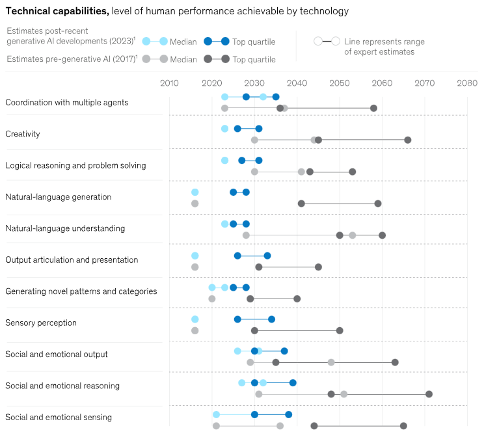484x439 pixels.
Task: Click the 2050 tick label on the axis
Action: (x=340, y=83)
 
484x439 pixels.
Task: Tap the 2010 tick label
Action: (x=169, y=83)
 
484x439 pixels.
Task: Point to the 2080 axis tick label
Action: (x=467, y=83)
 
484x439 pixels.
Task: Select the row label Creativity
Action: (x=23, y=134)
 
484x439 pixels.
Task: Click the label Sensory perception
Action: (x=41, y=323)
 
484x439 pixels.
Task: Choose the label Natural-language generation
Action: (x=59, y=197)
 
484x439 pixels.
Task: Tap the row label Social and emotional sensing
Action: (x=59, y=417)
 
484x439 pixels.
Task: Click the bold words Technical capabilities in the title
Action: (x=57, y=11)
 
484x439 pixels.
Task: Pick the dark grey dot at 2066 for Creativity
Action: (x=408, y=140)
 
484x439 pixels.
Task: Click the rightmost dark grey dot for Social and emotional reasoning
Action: (x=429, y=394)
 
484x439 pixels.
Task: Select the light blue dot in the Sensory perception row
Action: (x=195, y=319)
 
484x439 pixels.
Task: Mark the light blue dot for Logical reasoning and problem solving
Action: (x=224, y=160)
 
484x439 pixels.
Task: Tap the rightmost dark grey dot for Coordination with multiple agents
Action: (x=373, y=108)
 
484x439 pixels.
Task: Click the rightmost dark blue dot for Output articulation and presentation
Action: (x=267, y=256)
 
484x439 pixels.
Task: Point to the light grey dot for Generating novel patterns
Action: (x=212, y=299)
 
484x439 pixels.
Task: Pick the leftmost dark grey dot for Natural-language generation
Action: (x=301, y=204)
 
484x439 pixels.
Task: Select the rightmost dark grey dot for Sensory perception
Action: (x=340, y=330)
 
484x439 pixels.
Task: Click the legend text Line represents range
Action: (x=384, y=42)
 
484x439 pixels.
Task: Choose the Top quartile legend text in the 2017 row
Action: (x=254, y=59)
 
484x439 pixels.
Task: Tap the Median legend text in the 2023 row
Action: (x=183, y=42)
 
